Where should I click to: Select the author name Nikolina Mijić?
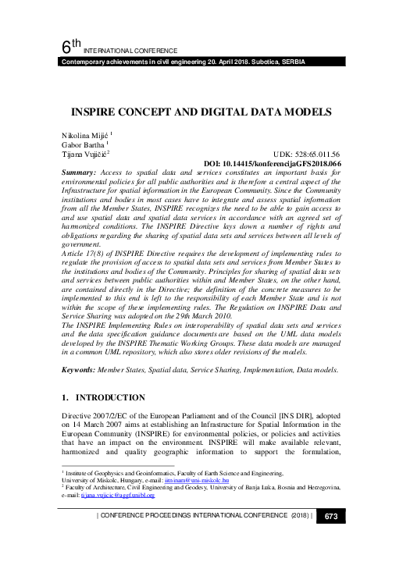84,134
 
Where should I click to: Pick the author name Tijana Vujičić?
84,155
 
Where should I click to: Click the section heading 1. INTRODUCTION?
102,398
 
